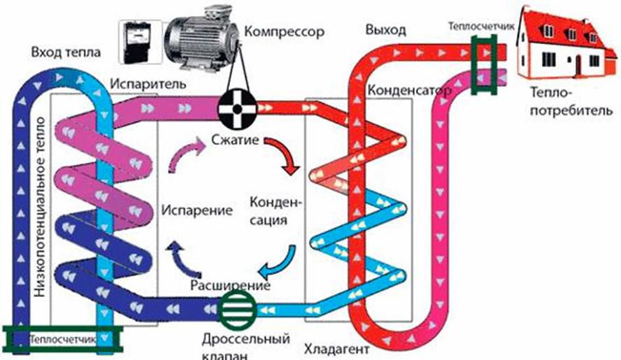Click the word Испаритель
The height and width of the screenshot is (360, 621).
pyautogui.click(x=148, y=83)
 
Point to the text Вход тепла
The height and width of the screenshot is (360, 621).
pyautogui.click(x=66, y=52)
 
